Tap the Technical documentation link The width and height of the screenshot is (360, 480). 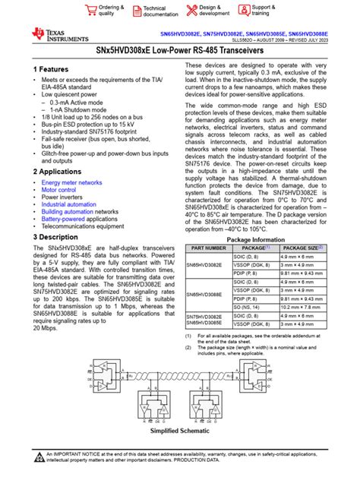coord(153,11)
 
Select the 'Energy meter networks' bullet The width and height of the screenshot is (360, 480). coord(71,183)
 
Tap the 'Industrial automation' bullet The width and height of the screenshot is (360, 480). coord(69,204)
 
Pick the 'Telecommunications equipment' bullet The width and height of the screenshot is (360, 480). coord(82,226)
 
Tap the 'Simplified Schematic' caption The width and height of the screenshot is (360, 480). coord(180,430)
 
